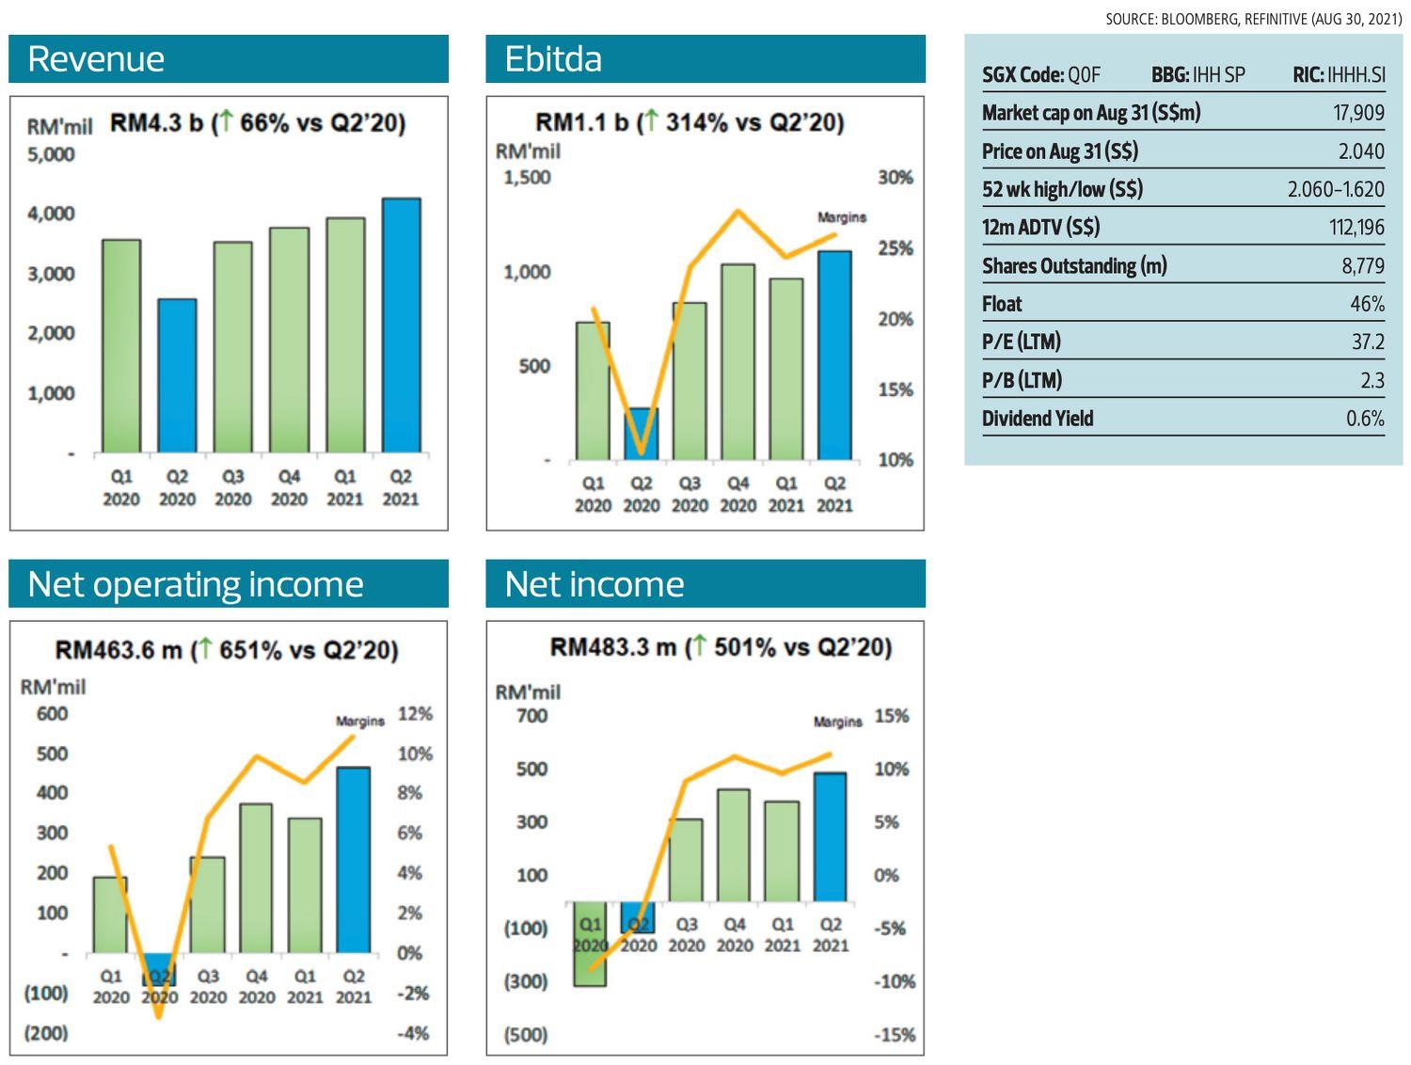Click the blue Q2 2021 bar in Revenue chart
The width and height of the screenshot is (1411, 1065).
tap(401, 326)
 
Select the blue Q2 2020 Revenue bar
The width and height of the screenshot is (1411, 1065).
tap(177, 376)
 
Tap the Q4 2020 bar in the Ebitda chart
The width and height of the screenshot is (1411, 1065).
tap(737, 362)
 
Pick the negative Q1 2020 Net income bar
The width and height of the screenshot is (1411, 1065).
tap(590, 945)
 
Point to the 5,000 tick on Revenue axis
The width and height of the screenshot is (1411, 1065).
tap(51, 154)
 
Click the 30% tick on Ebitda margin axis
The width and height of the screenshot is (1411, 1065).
tap(895, 178)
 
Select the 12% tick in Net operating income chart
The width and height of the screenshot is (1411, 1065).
tap(415, 714)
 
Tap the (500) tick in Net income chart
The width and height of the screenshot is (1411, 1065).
tap(525, 1035)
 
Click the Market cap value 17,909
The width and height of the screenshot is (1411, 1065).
tap(1358, 114)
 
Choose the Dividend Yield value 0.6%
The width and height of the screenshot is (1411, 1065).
tap(1365, 419)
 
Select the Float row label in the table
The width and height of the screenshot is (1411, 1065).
tap(1002, 304)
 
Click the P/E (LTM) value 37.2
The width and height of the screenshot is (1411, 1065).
tap(1368, 342)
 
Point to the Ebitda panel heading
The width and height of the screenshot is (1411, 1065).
tap(553, 59)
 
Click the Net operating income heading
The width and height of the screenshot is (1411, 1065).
tap(196, 584)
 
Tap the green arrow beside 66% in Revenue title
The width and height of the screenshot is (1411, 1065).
tap(226, 122)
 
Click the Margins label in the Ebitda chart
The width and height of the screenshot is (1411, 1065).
tap(841, 217)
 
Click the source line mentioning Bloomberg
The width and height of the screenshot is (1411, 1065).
tap(1253, 19)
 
